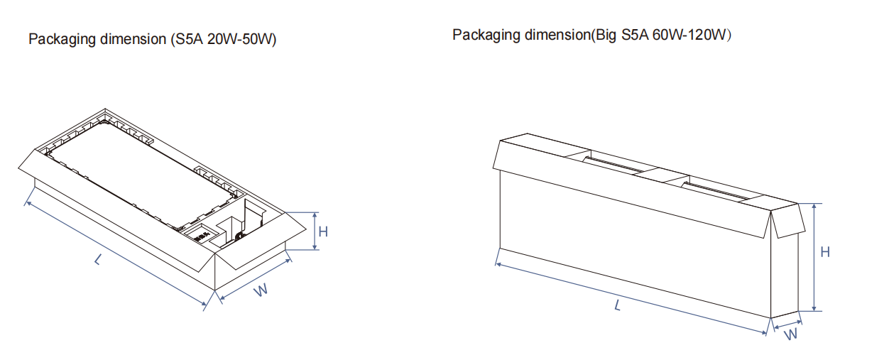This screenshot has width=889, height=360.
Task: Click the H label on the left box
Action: [323, 231]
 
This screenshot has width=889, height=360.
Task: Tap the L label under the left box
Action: [98, 259]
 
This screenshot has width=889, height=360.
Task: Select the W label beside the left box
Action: [261, 290]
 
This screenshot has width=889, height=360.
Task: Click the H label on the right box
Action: [825, 252]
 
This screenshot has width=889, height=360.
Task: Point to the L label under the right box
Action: [618, 305]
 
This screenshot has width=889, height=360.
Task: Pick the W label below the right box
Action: [790, 334]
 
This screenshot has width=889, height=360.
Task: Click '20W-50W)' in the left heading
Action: [241, 39]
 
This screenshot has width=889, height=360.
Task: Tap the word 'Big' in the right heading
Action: [606, 36]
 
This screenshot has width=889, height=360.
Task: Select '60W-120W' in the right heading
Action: [689, 35]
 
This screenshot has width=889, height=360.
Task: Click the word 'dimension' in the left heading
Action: [133, 39]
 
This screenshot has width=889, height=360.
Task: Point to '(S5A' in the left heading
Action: [187, 39]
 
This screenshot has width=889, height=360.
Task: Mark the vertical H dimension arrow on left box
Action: [315, 231]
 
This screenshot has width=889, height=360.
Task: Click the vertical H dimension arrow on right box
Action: [814, 257]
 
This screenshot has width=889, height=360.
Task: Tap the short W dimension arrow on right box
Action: [787, 324]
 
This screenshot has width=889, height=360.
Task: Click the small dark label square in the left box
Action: [202, 236]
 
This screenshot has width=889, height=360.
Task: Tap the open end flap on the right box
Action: [788, 221]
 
